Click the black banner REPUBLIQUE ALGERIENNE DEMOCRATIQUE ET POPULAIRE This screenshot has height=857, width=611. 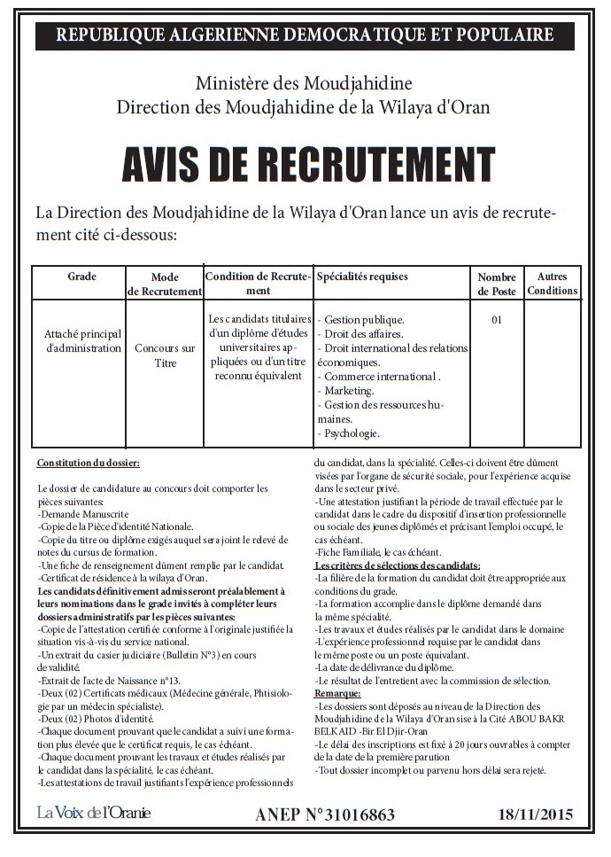305,35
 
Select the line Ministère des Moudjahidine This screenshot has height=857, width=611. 305,86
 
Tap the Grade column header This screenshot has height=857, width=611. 81,277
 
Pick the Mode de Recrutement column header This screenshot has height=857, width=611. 165,284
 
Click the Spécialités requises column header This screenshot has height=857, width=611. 362,277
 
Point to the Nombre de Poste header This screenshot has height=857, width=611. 497,284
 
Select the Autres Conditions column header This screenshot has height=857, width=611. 552,284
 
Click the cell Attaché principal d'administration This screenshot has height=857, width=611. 82,341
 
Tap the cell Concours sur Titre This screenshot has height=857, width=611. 165,355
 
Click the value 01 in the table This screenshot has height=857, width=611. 496,320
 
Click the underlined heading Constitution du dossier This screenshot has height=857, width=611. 88,464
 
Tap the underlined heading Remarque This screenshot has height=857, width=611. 337,693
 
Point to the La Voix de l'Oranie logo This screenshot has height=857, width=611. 94,813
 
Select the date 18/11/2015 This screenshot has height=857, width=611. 535,814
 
